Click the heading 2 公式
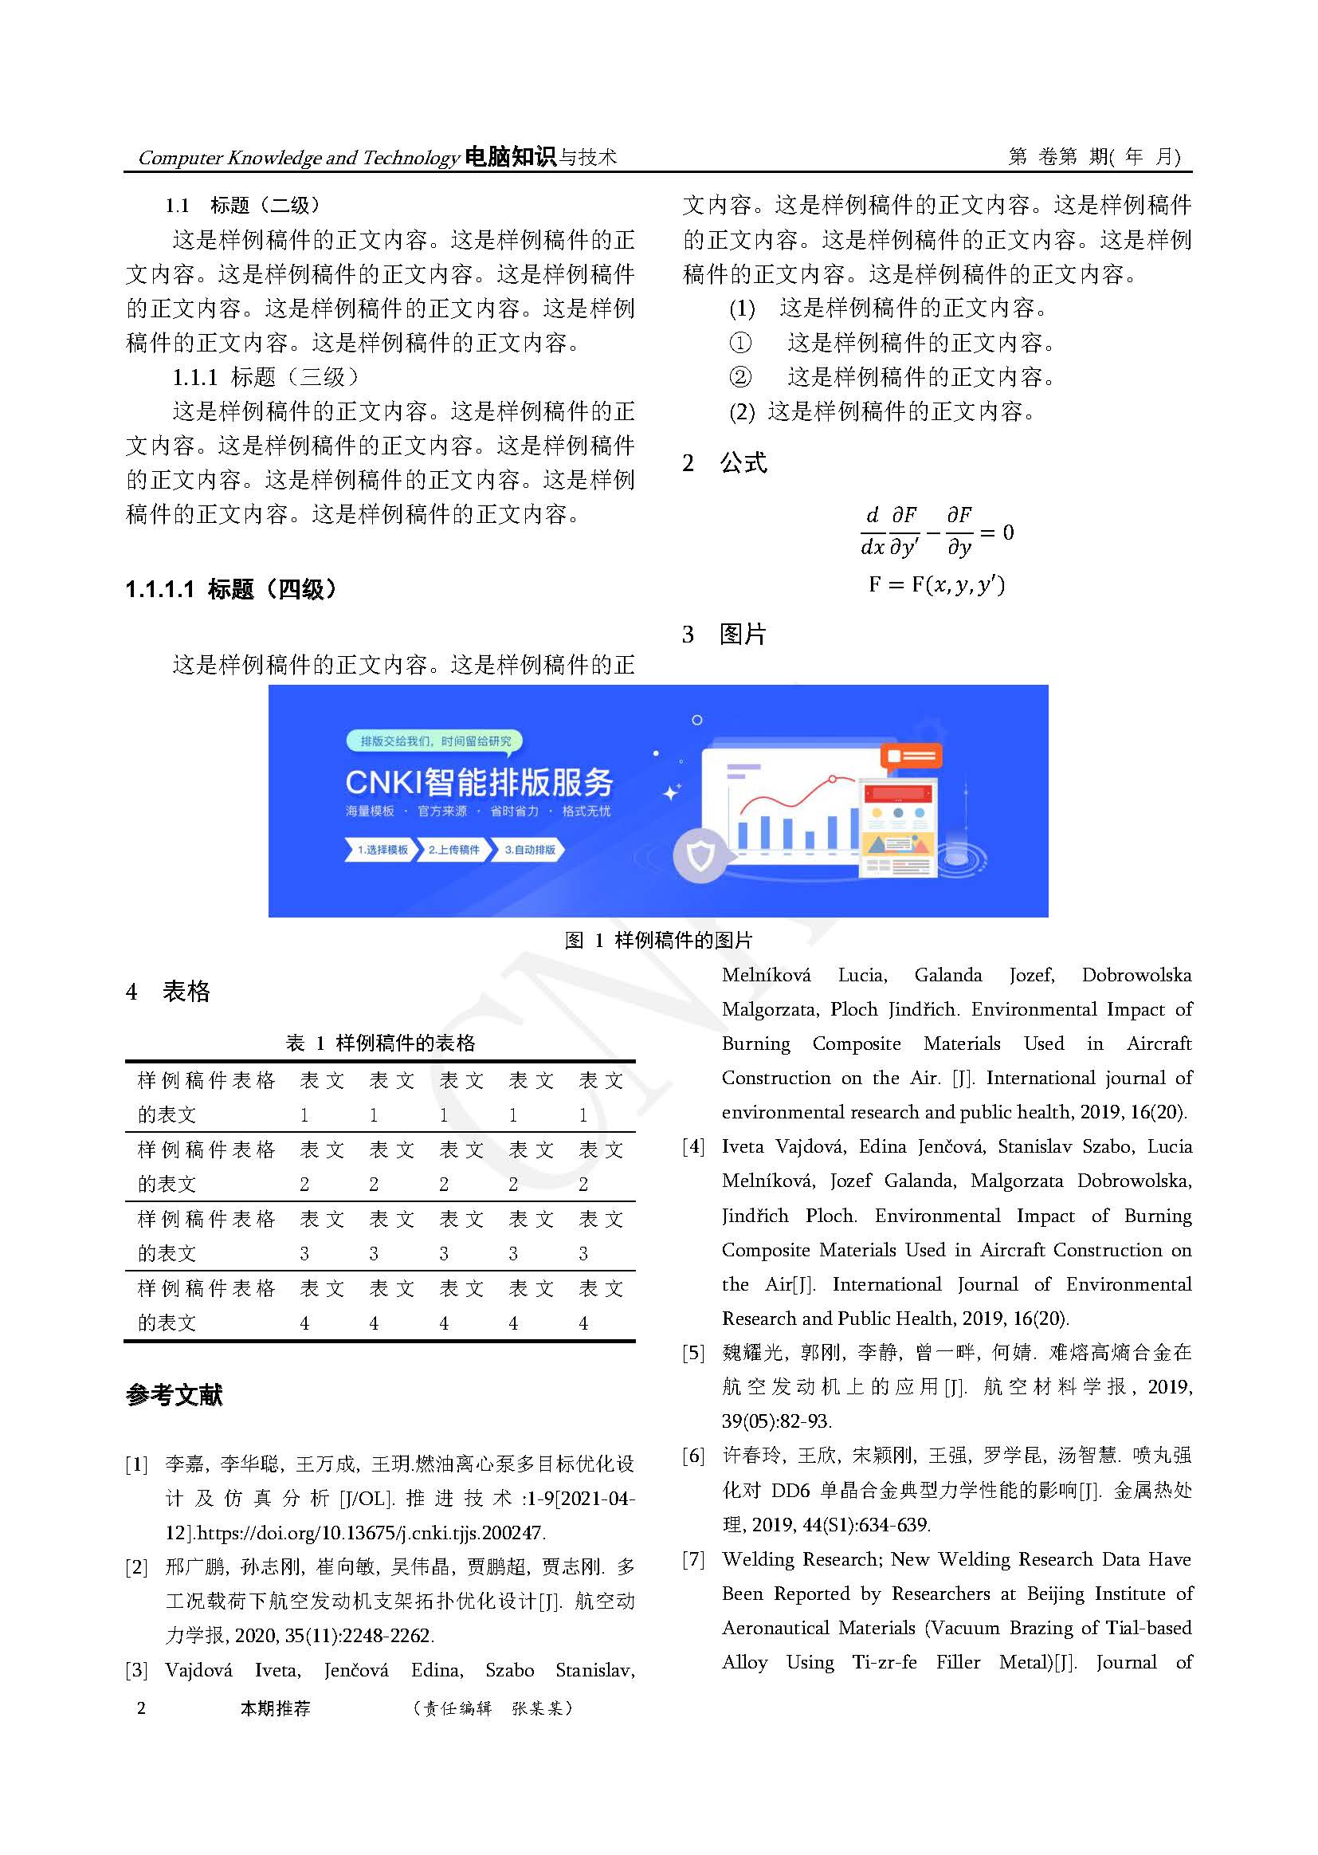coord(724,462)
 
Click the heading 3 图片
coord(724,634)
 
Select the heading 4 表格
coord(168,991)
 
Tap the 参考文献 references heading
coord(174,1395)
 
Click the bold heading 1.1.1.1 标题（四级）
coord(230,588)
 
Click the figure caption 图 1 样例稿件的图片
coord(658,940)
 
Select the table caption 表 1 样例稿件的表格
coord(380,1043)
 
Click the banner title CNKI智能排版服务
coord(479,782)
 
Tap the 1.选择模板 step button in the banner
coord(382,850)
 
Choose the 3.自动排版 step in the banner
coord(529,850)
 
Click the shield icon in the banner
coord(700,855)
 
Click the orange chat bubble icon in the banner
coord(911,757)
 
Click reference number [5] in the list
coord(693,1353)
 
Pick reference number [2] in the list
coord(136,1566)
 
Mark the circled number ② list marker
coord(739,377)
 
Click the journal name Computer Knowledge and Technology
coord(298,158)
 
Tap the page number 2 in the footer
coord(141,1708)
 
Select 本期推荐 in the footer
coord(275,1708)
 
